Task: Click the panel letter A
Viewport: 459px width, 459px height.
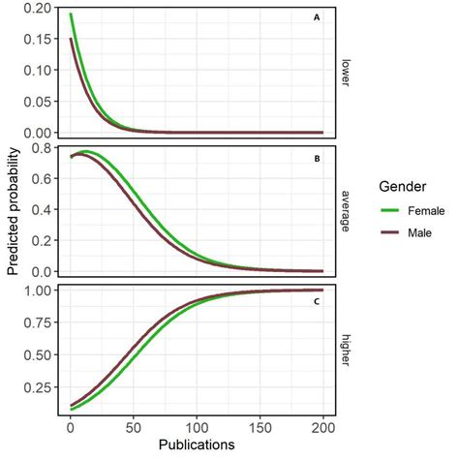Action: click(317, 17)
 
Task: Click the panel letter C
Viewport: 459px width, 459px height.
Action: click(317, 301)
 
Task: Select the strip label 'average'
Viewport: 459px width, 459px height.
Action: click(346, 210)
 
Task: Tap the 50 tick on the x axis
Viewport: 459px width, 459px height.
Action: click(134, 427)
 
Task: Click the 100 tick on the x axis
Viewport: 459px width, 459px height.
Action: click(197, 427)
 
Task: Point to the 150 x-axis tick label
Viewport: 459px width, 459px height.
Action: click(260, 427)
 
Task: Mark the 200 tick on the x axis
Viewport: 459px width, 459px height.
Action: click(323, 427)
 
